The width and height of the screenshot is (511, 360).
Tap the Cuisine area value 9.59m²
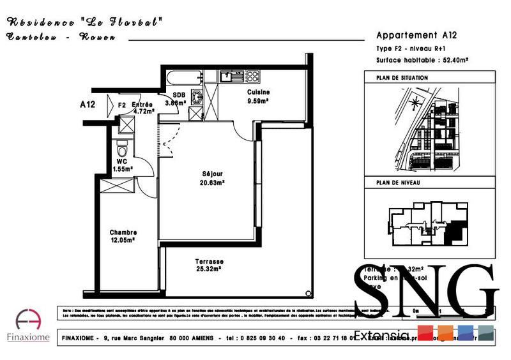(257, 100)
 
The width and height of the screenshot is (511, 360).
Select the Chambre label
(123, 232)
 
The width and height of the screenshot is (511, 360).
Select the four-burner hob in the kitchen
(252, 77)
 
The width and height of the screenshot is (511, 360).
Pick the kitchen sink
(228, 77)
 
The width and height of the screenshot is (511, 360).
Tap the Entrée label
(142, 105)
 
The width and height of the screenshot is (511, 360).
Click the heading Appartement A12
(416, 36)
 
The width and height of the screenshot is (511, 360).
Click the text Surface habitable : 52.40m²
(423, 60)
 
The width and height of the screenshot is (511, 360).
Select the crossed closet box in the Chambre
(116, 187)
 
